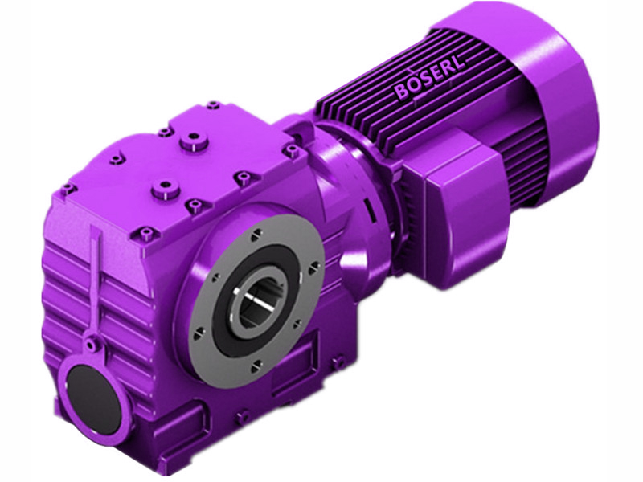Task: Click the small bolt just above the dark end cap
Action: (95, 345)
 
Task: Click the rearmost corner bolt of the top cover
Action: (212, 104)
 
